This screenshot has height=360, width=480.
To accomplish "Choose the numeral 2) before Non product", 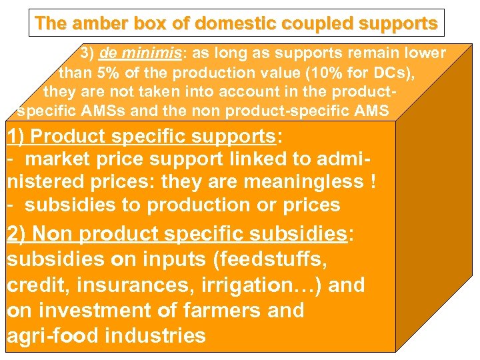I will (x=17, y=233).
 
